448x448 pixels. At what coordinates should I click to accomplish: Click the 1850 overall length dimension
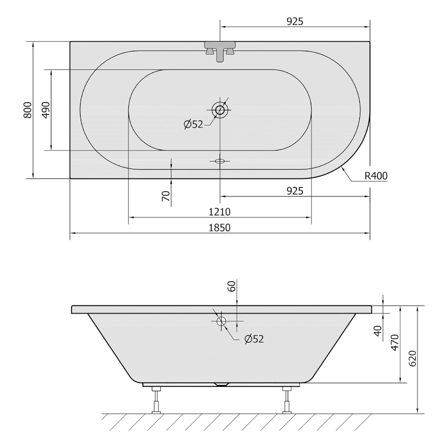[220, 228]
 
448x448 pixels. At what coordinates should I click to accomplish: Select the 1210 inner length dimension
[220, 212]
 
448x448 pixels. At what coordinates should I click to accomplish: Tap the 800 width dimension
[27, 110]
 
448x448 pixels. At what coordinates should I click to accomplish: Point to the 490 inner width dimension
[46, 110]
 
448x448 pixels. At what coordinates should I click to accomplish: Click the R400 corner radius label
[376, 175]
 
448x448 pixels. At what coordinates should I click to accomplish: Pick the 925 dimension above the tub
[295, 21]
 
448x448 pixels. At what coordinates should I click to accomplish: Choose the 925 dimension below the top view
[295, 191]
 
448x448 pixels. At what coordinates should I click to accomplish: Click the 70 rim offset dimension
[166, 196]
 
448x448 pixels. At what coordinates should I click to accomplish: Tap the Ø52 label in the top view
[194, 124]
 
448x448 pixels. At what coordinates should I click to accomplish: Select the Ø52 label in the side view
[254, 339]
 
